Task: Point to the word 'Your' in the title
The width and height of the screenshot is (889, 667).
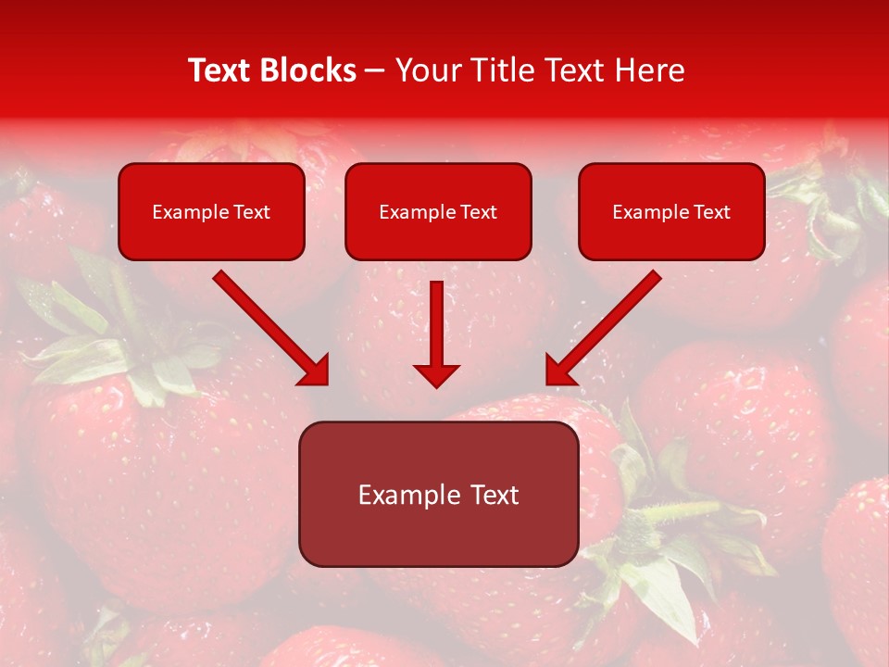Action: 424,70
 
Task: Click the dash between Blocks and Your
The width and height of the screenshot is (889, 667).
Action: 375,71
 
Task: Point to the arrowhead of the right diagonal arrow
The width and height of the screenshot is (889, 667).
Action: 561,370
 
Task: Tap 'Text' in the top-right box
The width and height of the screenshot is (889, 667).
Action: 712,212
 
